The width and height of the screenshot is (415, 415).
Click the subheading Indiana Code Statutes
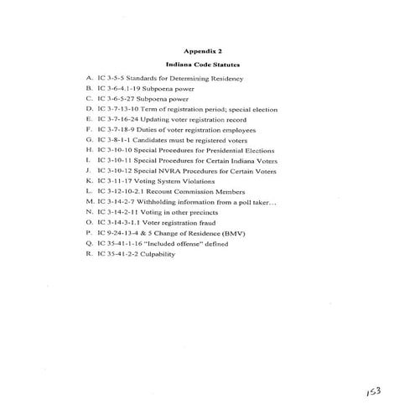pyautogui.click(x=207, y=65)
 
